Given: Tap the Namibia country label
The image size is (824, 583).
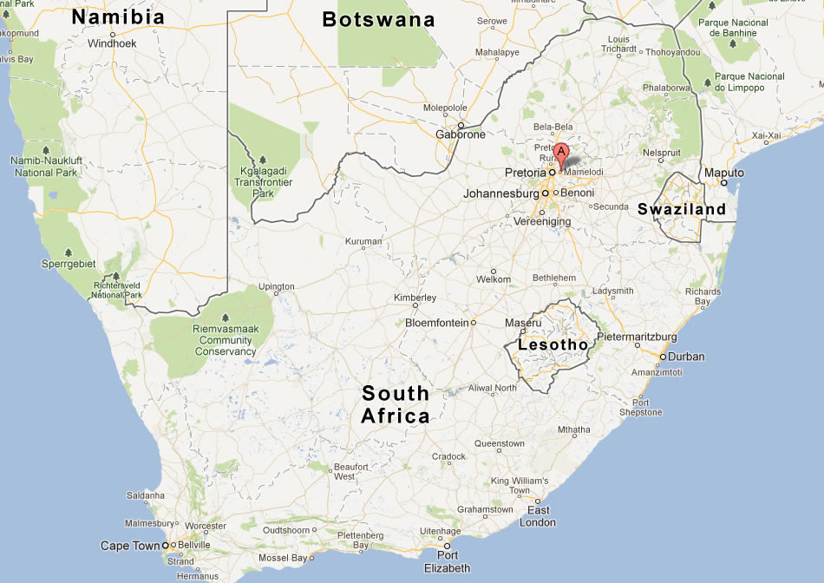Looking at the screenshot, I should click(x=118, y=17).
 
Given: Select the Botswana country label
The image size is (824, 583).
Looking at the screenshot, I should click(x=378, y=19).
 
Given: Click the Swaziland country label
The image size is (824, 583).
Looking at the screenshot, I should click(x=682, y=209).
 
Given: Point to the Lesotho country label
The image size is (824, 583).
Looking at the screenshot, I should click(x=553, y=344).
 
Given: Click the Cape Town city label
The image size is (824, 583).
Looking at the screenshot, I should click(x=130, y=546).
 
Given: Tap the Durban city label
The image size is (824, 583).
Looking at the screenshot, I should click(x=687, y=357).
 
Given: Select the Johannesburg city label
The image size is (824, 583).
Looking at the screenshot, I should click(x=501, y=193).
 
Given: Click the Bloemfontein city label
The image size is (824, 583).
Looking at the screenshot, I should click(x=436, y=323).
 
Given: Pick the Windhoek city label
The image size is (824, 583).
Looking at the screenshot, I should click(x=113, y=43).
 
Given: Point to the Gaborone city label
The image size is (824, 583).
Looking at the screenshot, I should click(x=461, y=134).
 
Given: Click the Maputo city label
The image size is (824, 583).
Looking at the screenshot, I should click(x=723, y=173).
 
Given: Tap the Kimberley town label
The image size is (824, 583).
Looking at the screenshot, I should click(x=415, y=298).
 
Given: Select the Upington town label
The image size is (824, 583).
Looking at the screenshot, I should click(x=277, y=286).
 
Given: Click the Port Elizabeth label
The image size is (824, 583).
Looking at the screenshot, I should click(x=448, y=561).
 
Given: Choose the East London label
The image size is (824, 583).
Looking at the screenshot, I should click(x=538, y=515).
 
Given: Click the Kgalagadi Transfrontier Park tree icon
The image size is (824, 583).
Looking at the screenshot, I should click(x=262, y=160).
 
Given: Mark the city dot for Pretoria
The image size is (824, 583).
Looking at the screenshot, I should click(x=552, y=172).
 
